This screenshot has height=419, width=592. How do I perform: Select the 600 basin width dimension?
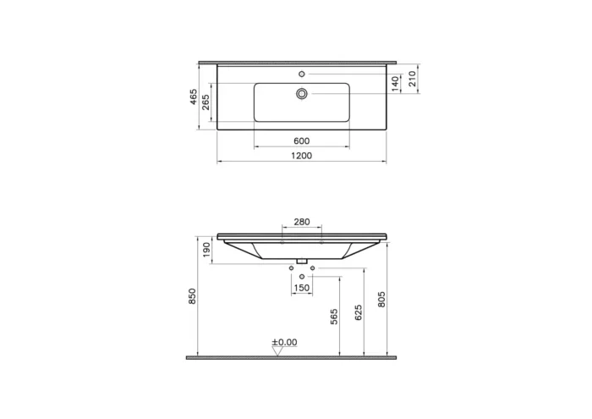[x=302, y=141]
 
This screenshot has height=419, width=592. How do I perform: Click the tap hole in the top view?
[x=302, y=74]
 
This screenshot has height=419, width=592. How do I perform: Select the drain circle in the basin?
[x=302, y=94]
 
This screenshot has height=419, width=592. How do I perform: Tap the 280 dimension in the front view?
[x=302, y=222]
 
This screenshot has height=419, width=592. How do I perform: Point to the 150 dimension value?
[x=302, y=288]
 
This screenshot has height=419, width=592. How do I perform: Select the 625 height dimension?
[x=359, y=313]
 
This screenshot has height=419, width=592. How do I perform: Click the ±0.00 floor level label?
[x=284, y=342]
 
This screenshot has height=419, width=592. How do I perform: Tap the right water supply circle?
[x=313, y=268]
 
